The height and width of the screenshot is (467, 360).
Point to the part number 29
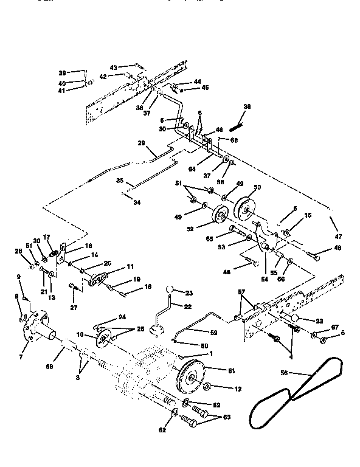[142, 144]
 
